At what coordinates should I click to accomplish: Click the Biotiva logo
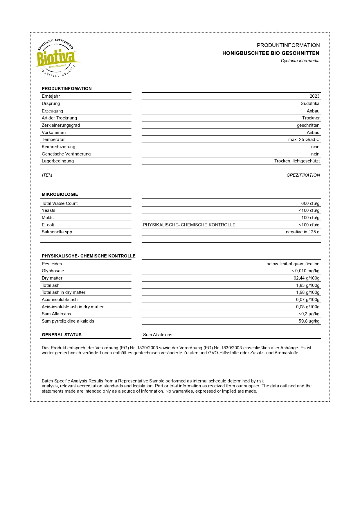coord(57,58)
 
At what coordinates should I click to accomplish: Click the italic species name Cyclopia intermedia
coord(300,61)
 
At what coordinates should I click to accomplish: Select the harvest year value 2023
coord(314,96)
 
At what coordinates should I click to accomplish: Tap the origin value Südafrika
coord(310,103)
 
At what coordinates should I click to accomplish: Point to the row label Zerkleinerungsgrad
coord(61,125)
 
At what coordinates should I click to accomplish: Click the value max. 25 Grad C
coord(304,139)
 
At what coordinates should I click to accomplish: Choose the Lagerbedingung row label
coord(58,161)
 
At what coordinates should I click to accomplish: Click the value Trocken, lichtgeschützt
coord(297,161)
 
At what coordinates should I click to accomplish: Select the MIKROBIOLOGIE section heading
coord(60,194)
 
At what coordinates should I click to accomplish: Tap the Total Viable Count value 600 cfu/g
coord(310,203)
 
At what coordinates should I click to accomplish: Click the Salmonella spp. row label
coord(57,232)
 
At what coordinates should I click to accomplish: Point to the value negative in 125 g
coord(303,232)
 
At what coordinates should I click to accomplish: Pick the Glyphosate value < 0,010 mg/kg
coord(305,271)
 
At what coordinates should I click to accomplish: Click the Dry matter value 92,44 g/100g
coord(306,278)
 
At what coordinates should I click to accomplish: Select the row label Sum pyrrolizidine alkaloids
coord(68,321)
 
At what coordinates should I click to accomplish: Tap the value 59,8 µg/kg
coord(309,321)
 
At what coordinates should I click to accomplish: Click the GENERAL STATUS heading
coord(62,335)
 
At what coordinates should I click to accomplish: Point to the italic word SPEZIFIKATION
coord(303,175)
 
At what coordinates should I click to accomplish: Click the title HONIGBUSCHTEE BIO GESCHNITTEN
coord(271,53)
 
